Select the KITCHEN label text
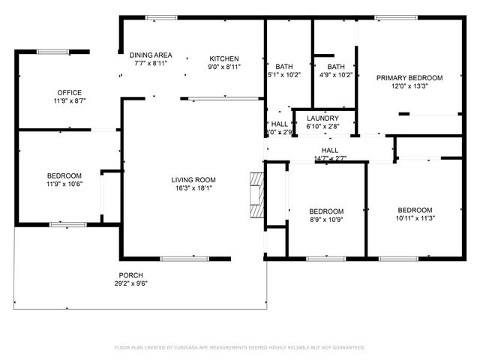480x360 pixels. tap(223, 58)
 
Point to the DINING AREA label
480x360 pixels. tap(151, 55)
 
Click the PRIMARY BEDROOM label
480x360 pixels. tap(409, 77)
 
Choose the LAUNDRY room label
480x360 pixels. tap(322, 118)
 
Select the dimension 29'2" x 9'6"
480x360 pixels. tap(130, 284)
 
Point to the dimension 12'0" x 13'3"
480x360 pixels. tap(409, 86)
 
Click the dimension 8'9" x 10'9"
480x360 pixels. tap(326, 220)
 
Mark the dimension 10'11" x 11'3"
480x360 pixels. tap(415, 218)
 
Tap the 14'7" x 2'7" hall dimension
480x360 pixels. tap(330, 158)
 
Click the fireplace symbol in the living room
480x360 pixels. tap(257, 194)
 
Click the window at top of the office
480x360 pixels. tap(52, 52)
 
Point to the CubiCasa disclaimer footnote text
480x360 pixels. tap(239, 347)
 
